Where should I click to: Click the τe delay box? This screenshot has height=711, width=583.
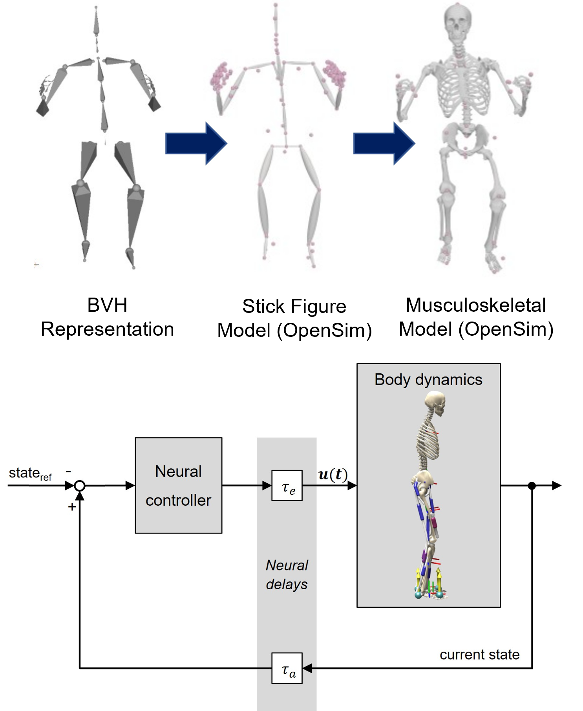tap(287, 486)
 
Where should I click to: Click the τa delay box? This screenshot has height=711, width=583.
tap(287, 668)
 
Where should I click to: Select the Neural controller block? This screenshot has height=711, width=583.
tap(179, 486)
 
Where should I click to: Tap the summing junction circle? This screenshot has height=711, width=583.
tap(80, 486)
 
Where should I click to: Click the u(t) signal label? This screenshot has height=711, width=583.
tap(333, 475)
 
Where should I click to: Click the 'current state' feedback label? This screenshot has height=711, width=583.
tap(479, 654)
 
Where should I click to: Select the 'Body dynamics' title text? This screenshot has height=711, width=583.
tap(428, 380)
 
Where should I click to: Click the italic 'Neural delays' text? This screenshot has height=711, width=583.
tap(287, 575)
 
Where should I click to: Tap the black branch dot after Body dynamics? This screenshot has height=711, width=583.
tap(532, 486)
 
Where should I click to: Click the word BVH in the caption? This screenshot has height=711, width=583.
tap(107, 305)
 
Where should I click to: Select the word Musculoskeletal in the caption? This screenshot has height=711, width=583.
tap(475, 305)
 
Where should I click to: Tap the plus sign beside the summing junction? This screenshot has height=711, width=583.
tap(72, 507)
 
